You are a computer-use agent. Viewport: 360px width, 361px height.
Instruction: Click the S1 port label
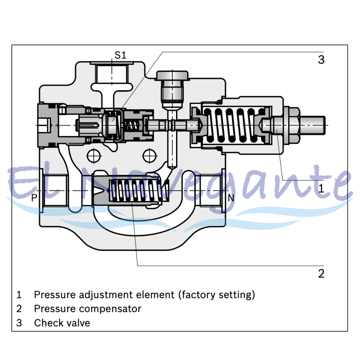[x=120, y=55]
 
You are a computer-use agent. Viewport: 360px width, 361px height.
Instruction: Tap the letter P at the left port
[x=34, y=198]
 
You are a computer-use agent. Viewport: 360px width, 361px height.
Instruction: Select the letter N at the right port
[x=231, y=198]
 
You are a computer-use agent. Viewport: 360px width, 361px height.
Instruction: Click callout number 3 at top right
[x=321, y=60]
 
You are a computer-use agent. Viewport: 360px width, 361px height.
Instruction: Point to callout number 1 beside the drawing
[x=321, y=188]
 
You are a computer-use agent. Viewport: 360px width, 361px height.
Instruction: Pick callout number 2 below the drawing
[x=321, y=273]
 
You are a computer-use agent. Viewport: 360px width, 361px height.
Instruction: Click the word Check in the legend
[x=48, y=323]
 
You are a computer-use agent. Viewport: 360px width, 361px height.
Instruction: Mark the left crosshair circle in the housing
[x=94, y=156]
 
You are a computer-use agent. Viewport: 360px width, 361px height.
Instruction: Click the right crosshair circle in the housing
[x=150, y=156]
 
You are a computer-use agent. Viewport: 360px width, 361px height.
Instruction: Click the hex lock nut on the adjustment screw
[x=291, y=125]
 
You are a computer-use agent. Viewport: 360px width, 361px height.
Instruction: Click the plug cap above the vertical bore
[x=172, y=75]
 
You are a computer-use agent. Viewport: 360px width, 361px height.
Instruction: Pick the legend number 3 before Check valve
[x=19, y=323]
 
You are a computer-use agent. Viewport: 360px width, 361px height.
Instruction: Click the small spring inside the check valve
[x=132, y=125]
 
